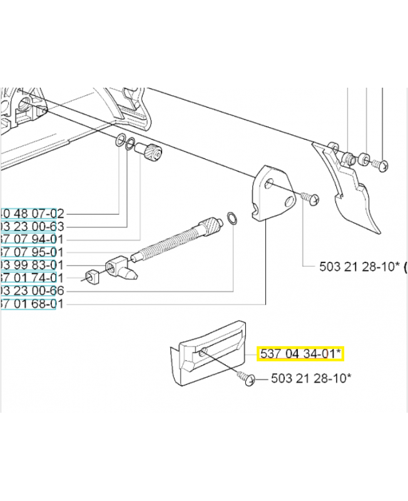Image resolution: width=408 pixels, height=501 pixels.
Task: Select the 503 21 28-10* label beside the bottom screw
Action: pyautogui.click(x=310, y=378)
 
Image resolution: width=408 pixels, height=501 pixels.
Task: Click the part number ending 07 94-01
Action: pyautogui.click(x=31, y=239)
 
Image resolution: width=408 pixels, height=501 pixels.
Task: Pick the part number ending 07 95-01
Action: pyautogui.click(x=31, y=252)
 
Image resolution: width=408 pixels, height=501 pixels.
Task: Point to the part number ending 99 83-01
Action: pyautogui.click(x=31, y=266)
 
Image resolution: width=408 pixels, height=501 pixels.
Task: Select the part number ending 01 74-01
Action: pyautogui.click(x=31, y=278)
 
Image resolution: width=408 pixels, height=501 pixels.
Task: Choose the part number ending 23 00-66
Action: pyautogui.click(x=31, y=291)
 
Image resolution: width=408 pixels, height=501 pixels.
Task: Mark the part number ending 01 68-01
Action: pyautogui.click(x=31, y=304)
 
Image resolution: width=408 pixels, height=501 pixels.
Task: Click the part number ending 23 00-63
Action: pyautogui.click(x=31, y=226)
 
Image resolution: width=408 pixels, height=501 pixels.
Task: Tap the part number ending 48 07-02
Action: pyautogui.click(x=31, y=213)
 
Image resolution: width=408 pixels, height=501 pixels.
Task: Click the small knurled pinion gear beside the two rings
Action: pyautogui.click(x=152, y=152)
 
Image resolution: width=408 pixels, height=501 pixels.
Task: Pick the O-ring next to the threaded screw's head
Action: pyautogui.click(x=232, y=219)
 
